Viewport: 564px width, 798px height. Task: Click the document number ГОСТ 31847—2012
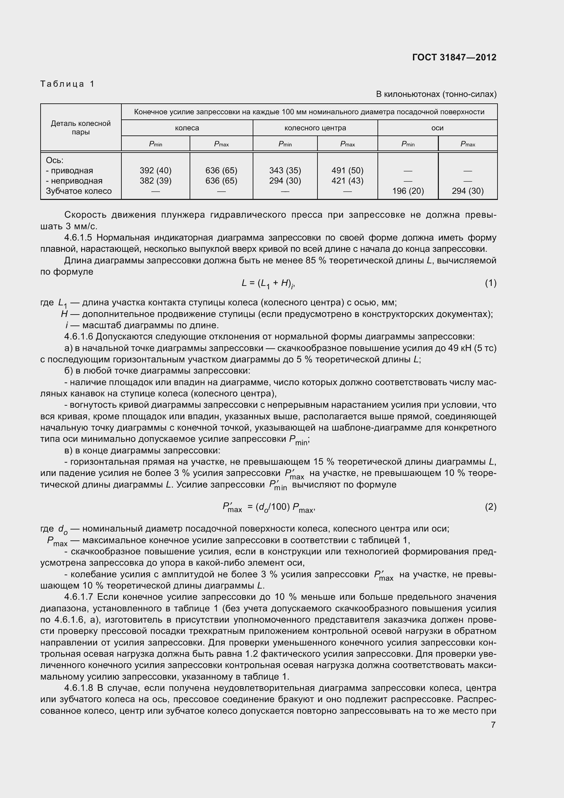454,57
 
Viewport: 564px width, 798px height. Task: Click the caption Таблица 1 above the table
68,84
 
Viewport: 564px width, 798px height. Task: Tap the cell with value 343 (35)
285,171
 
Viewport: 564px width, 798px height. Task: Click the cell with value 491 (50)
347,171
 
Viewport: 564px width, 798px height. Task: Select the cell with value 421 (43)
347,181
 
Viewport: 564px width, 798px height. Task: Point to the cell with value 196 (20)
408,191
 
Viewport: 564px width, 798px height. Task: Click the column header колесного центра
315,128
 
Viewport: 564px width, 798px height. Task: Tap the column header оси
437,128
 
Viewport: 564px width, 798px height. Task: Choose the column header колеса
187,128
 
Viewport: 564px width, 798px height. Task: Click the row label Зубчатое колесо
79,191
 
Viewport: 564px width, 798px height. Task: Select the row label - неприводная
74,181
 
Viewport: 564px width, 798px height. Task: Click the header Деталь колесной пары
80,128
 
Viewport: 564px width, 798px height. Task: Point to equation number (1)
490,283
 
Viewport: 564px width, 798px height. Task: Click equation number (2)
490,507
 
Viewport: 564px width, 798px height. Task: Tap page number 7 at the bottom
493,725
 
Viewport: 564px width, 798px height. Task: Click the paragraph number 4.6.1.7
79,597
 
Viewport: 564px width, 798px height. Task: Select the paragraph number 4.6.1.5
79,238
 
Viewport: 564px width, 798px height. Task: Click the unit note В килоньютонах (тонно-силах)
436,94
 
